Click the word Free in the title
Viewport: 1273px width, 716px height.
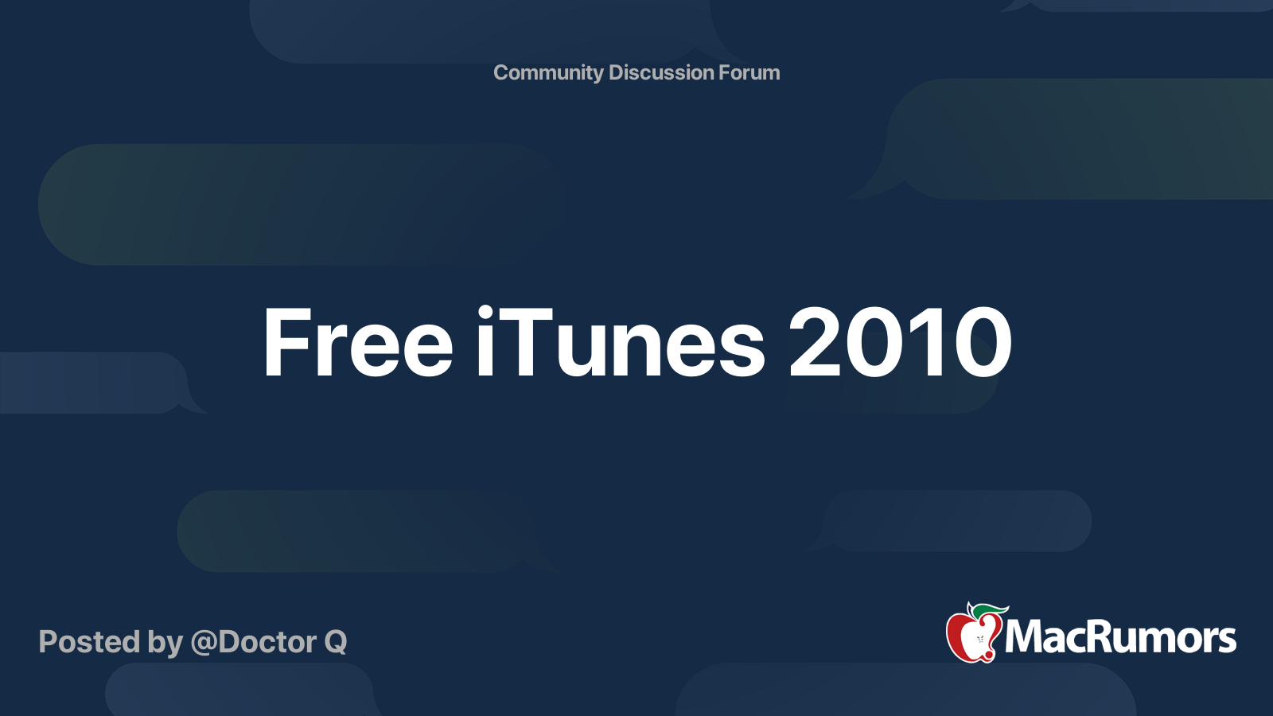point(357,343)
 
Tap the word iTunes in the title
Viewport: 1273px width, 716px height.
point(621,342)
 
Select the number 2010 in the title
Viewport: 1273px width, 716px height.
point(900,342)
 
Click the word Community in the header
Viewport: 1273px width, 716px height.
point(548,73)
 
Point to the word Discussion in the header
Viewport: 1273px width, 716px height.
point(660,72)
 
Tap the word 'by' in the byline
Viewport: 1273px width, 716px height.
point(165,644)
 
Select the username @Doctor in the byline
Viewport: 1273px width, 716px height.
point(254,642)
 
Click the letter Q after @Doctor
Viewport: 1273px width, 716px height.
point(335,643)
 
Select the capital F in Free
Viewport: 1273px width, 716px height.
point(287,343)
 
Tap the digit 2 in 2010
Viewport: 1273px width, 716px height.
point(815,342)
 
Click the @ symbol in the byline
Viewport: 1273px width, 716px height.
point(204,644)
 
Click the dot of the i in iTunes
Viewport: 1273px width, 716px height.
point(485,312)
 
